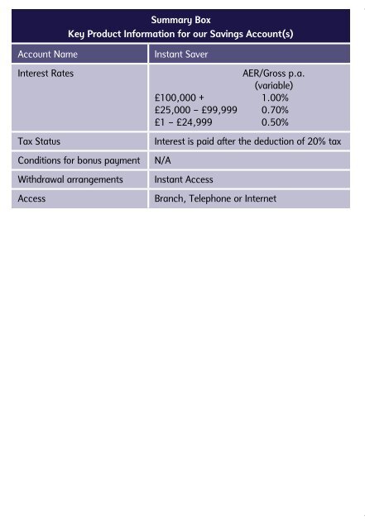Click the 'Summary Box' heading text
click(182, 18)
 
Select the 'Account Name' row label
click(48, 55)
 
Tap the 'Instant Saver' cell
click(181, 55)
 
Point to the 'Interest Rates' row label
click(46, 74)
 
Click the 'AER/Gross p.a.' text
click(272, 74)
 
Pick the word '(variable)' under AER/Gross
click(273, 85)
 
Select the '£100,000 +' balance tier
click(180, 98)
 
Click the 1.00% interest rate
click(275, 98)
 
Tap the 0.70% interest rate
click(275, 109)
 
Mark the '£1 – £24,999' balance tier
click(184, 122)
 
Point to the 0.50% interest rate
click(275, 122)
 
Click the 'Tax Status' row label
click(39, 141)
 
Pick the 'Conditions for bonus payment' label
click(79, 160)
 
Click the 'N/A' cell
click(163, 160)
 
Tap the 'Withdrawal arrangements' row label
click(70, 179)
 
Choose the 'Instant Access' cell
click(184, 179)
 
